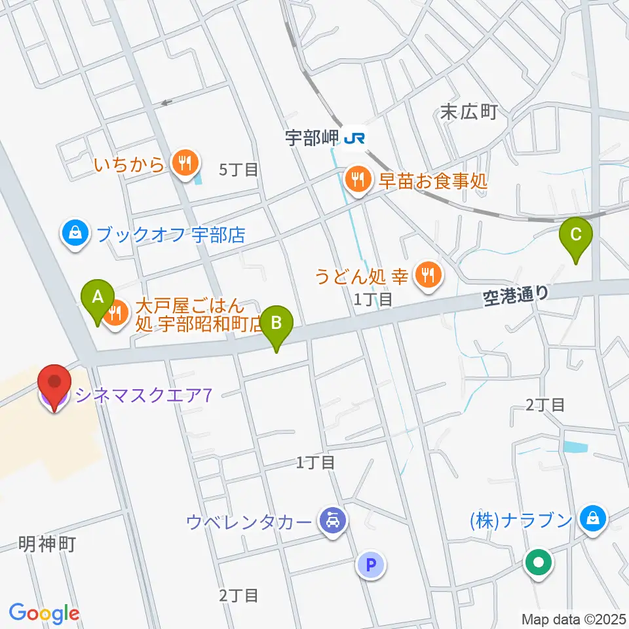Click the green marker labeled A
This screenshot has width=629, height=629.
(98, 300)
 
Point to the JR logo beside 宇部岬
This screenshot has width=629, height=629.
(356, 138)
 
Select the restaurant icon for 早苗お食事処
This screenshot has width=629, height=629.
(358, 178)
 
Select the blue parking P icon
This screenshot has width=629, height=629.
(371, 564)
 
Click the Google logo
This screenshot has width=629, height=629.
(44, 613)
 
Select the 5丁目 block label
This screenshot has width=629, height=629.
(238, 170)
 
